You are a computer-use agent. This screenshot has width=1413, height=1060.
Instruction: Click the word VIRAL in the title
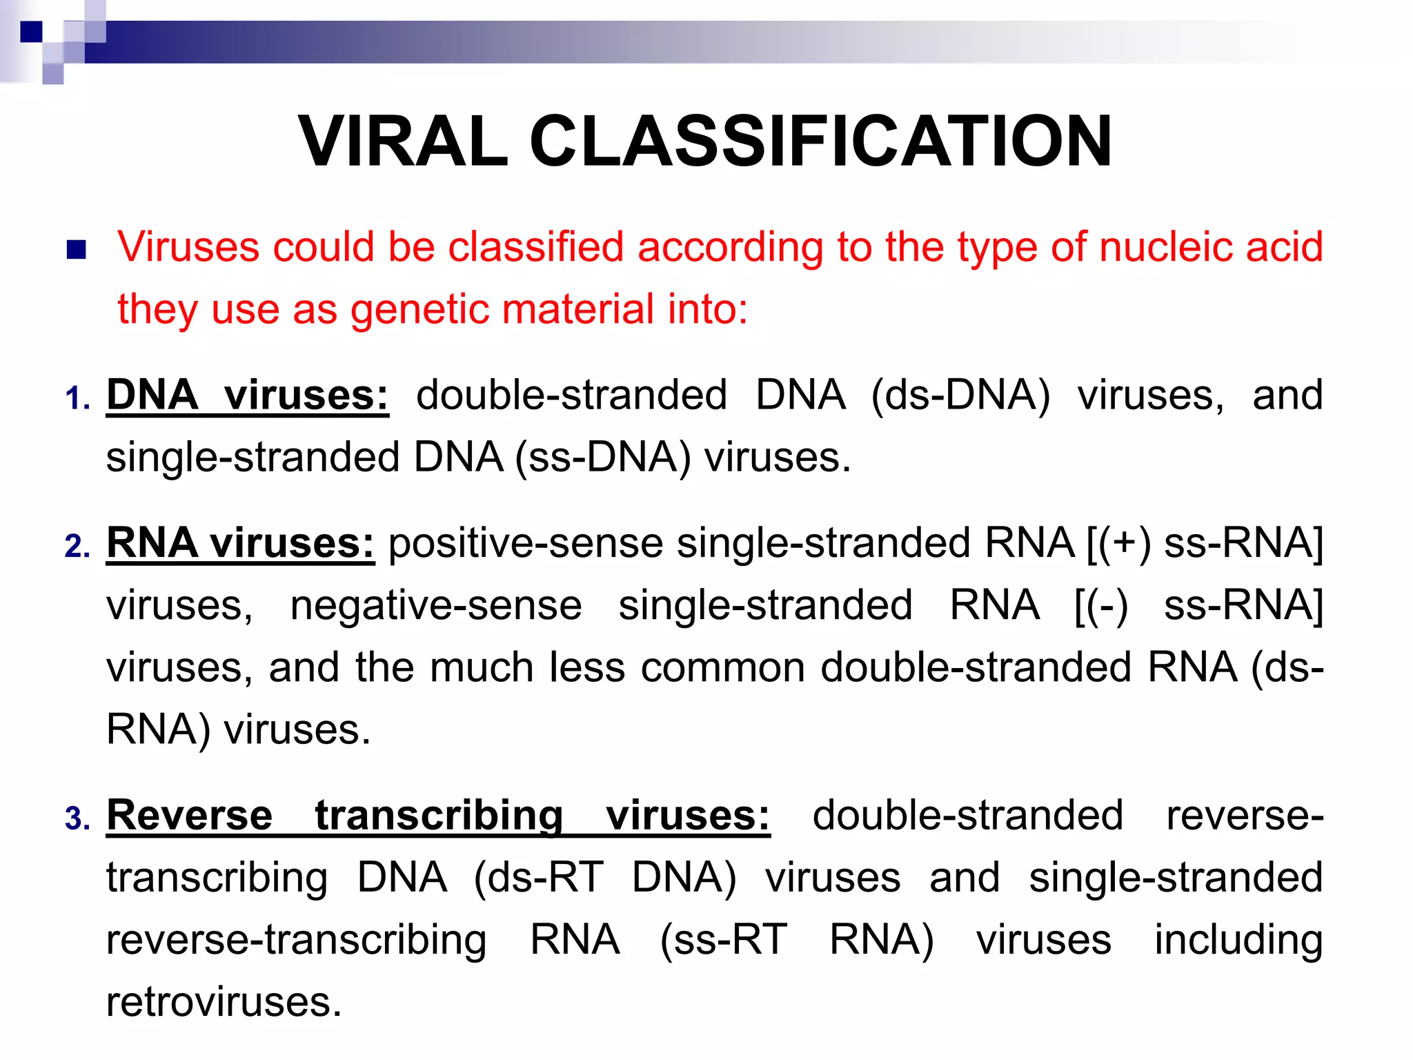click(x=403, y=141)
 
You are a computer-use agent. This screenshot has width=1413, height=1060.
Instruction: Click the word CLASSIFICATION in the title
click(x=820, y=141)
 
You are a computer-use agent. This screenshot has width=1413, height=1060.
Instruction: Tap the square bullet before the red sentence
click(x=76, y=249)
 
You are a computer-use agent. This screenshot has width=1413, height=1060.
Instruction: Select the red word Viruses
click(x=188, y=246)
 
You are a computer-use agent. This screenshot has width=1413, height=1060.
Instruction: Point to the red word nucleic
click(x=1165, y=246)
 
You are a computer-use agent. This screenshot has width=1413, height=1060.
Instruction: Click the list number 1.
click(x=77, y=399)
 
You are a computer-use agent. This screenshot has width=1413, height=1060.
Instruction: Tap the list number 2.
click(x=77, y=547)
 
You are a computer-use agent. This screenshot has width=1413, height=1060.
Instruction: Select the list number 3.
click(x=77, y=819)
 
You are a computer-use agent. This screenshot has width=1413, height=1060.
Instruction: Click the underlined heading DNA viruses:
click(x=247, y=395)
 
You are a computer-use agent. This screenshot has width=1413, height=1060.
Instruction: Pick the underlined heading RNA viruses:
click(x=240, y=543)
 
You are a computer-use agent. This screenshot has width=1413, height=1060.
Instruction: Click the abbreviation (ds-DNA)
click(x=960, y=395)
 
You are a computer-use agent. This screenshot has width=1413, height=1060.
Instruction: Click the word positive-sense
click(x=526, y=543)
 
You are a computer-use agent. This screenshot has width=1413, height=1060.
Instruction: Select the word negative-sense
click(x=436, y=605)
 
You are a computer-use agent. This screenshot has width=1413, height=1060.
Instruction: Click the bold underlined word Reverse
click(x=190, y=815)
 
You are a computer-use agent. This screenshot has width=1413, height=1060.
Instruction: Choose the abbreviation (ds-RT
click(x=539, y=878)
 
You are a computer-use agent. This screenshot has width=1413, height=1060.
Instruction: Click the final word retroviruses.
click(x=224, y=1002)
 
